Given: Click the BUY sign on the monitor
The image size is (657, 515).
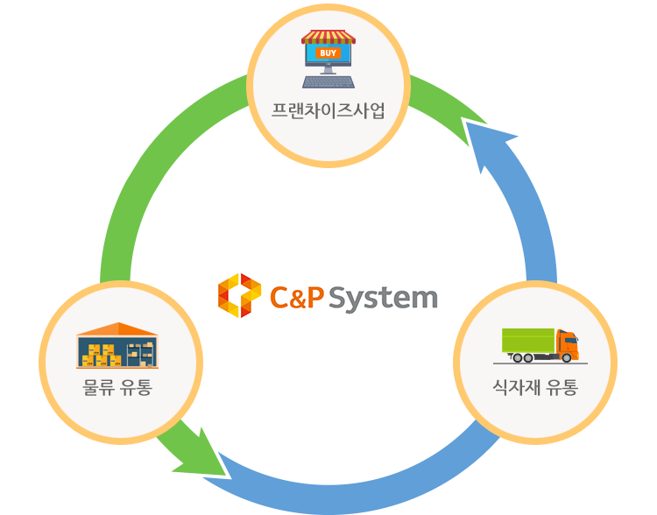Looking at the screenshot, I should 328,53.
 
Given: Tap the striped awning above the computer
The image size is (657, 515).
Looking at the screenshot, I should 328,37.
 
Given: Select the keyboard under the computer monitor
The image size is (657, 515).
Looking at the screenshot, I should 328,81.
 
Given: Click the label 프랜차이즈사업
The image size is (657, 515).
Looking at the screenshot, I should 328,112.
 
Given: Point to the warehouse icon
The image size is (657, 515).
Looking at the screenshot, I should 118,346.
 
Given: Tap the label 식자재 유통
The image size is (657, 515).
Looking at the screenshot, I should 535,386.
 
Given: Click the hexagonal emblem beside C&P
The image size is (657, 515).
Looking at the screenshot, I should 239,296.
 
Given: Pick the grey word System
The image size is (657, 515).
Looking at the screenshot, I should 383,299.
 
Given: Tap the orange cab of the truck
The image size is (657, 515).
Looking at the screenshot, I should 567,343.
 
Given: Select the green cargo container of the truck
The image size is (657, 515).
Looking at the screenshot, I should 528,340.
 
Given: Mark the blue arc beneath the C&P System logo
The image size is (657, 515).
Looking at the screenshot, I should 350,495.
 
